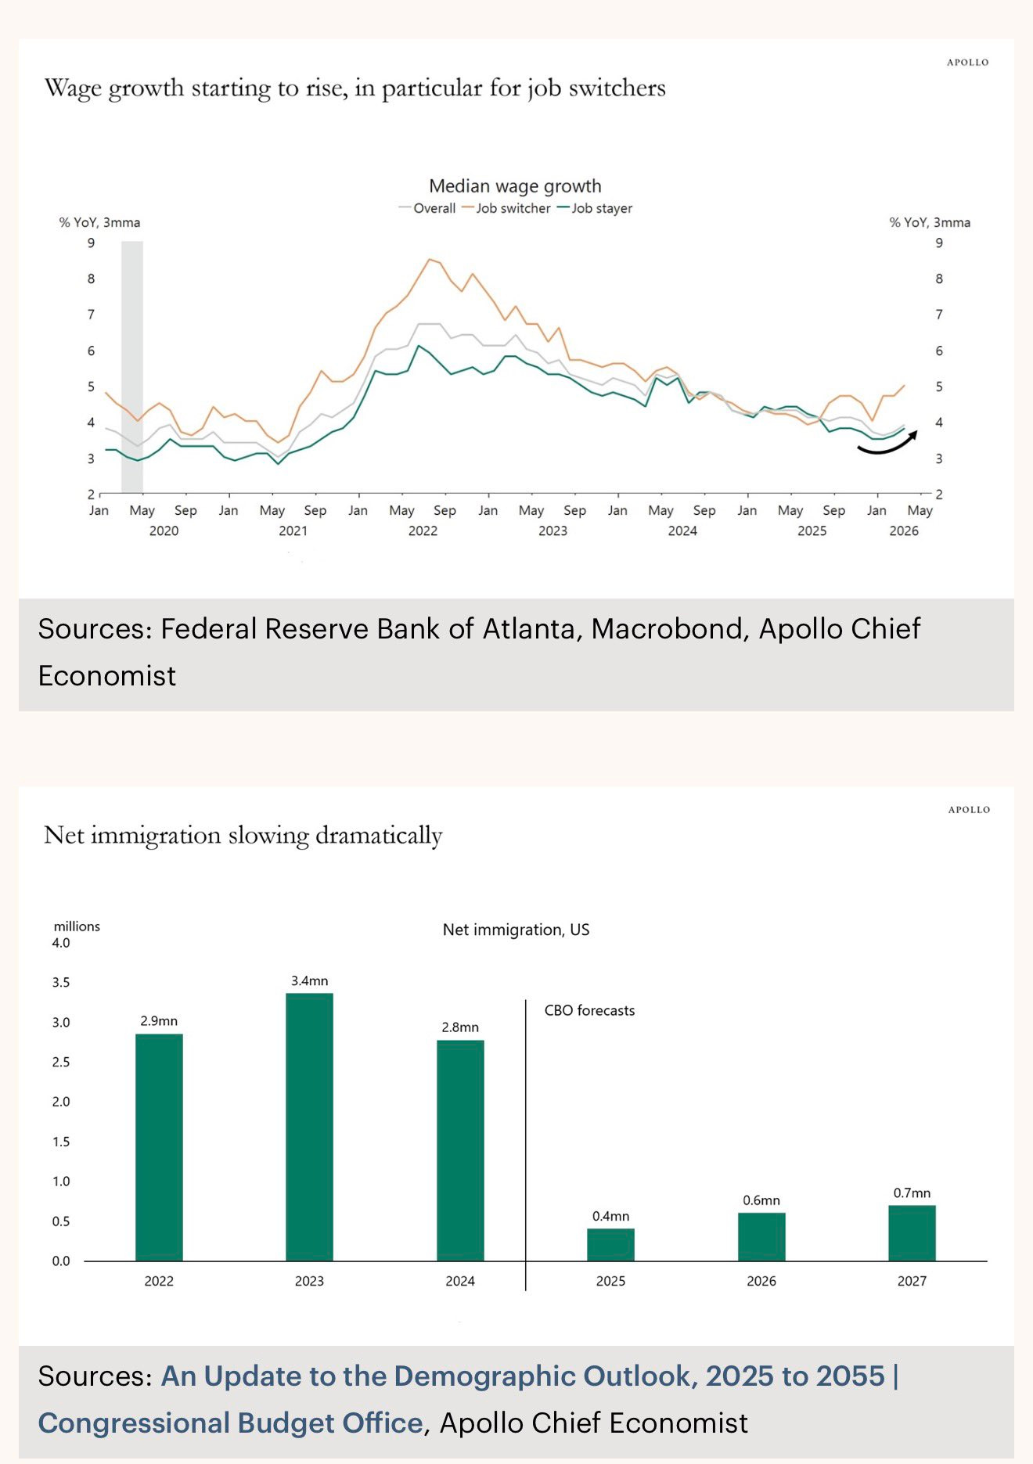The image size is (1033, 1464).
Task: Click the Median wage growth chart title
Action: coord(515,186)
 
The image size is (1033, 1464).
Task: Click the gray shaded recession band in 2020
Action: coord(132,367)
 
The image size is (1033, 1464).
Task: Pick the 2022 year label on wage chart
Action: coord(423,531)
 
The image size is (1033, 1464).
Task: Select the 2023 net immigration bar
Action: coord(309,1126)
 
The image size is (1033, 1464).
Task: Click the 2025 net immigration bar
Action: coord(610,1244)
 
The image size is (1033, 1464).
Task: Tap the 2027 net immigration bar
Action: coord(912,1232)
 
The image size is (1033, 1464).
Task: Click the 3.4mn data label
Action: coord(309,981)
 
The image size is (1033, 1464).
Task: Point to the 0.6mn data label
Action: coord(761,1200)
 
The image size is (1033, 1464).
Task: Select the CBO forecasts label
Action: coord(589,1010)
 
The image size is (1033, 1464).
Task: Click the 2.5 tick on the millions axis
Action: coord(61,1062)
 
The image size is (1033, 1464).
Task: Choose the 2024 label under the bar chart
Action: coord(459,1281)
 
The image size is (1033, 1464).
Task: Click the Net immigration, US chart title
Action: coord(516,930)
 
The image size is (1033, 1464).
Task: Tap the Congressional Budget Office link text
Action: coord(230,1423)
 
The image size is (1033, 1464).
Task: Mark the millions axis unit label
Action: coord(77,926)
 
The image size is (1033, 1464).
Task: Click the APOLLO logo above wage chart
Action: coord(967,63)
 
